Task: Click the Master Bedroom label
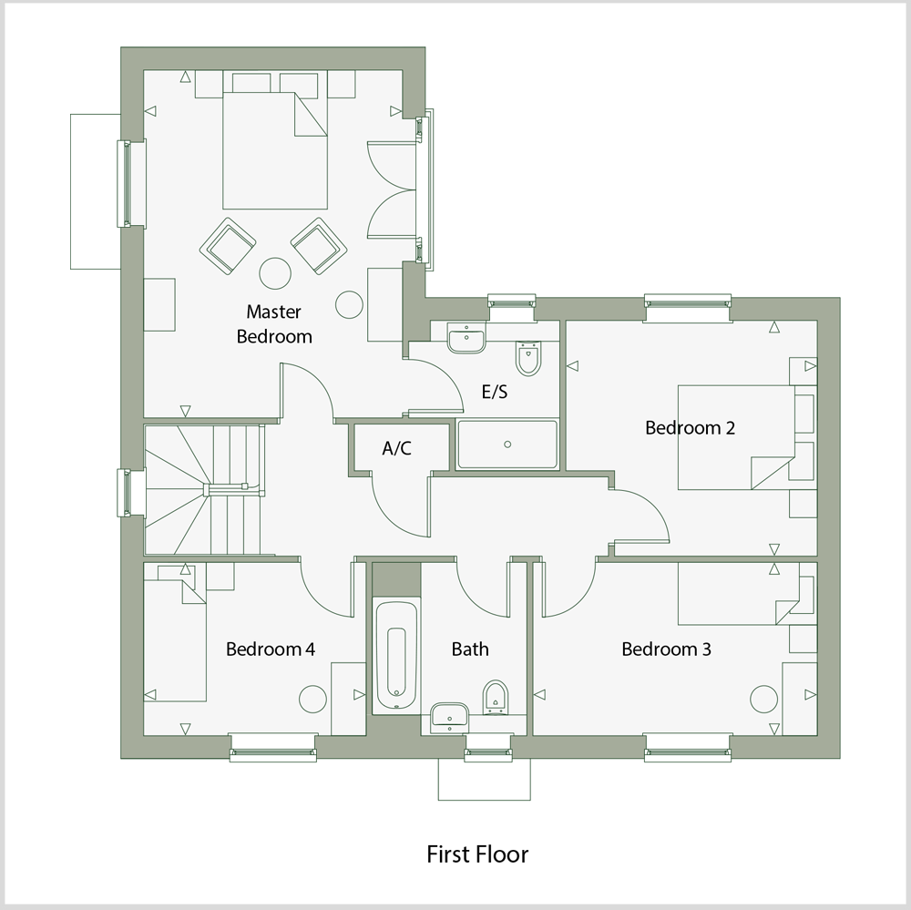(274, 324)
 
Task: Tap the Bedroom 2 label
(690, 427)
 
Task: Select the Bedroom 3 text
(666, 649)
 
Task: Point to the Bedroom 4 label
(271, 649)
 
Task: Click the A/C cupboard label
(397, 448)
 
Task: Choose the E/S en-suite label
(495, 393)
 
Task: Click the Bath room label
(470, 649)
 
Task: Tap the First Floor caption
(477, 854)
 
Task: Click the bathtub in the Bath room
(397, 654)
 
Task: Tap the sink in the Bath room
(449, 715)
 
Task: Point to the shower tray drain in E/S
(507, 445)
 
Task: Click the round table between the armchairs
(275, 273)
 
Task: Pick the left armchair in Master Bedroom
(227, 246)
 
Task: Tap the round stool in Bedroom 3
(763, 699)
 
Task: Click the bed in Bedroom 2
(733, 437)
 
